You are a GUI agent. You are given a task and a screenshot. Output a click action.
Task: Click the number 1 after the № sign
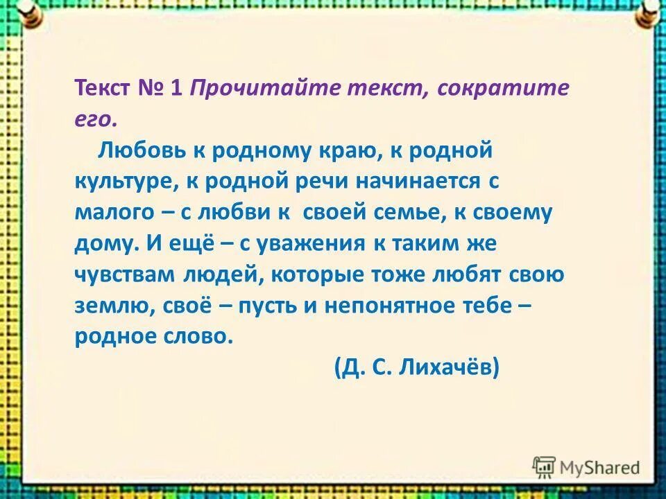176,90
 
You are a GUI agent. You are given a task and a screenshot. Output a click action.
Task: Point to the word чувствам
126,275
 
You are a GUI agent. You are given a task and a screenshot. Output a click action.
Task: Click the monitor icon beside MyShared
545,467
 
